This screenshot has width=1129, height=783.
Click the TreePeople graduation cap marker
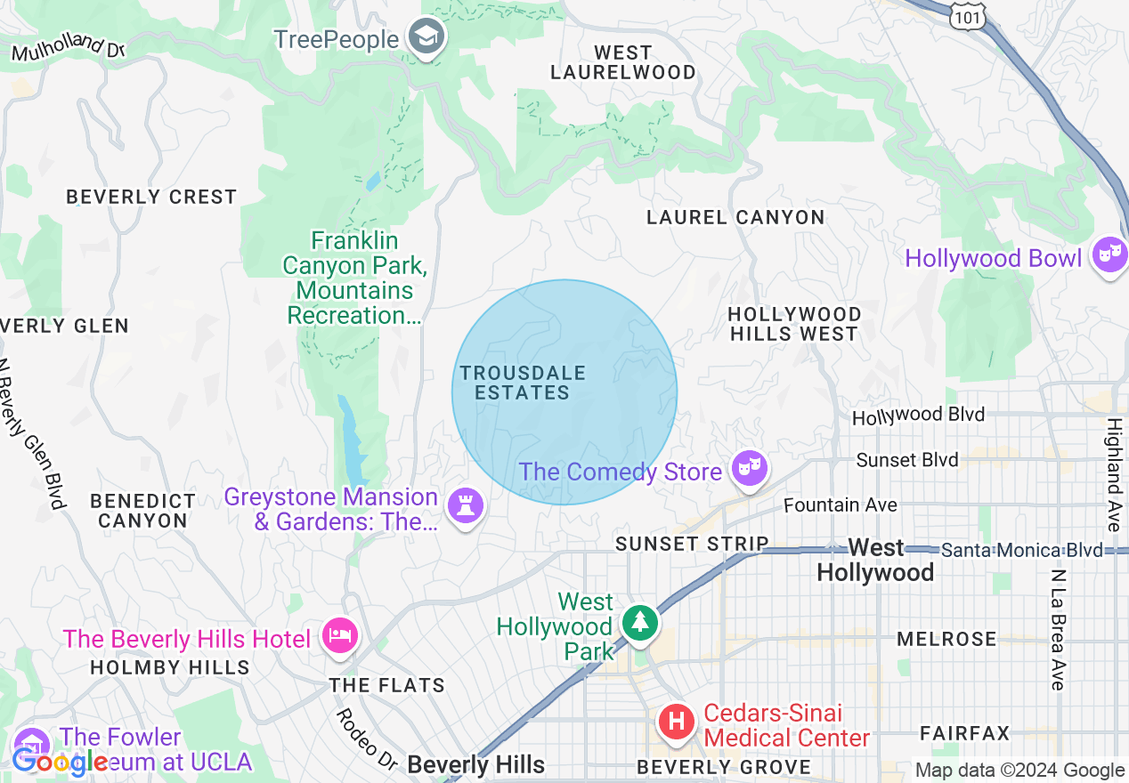(x=427, y=38)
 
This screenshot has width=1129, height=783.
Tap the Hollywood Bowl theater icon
(x=1109, y=255)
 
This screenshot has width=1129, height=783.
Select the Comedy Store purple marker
(x=749, y=467)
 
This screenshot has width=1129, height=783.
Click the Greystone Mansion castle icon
(x=465, y=506)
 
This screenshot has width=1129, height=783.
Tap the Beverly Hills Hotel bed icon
(x=340, y=636)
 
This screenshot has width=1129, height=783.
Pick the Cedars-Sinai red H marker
(x=676, y=721)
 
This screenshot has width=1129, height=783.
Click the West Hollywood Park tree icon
(x=638, y=624)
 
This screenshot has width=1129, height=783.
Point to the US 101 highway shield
(x=967, y=16)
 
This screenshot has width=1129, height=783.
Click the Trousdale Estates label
(x=523, y=383)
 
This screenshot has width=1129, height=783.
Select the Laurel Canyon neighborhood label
(x=735, y=217)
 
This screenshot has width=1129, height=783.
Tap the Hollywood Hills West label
(x=793, y=324)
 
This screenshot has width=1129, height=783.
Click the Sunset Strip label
(x=692, y=544)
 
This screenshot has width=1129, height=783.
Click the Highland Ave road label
(x=1114, y=474)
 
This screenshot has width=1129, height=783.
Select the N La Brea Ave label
(x=1057, y=630)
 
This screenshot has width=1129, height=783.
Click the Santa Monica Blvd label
(x=1020, y=551)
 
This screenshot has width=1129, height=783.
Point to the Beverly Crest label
(x=151, y=197)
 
